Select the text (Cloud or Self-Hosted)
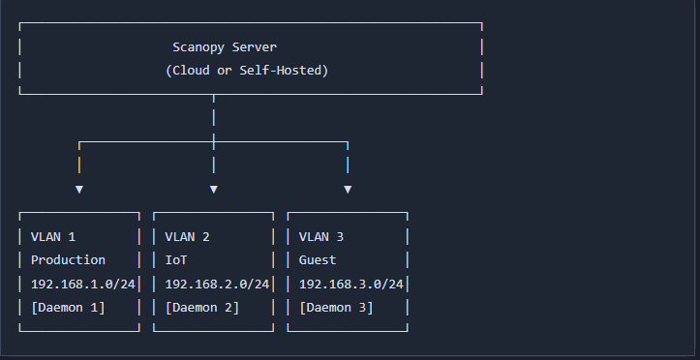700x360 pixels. pyautogui.click(x=247, y=71)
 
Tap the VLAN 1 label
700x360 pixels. pyautogui.click(x=53, y=236)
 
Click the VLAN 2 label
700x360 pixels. pyautogui.click(x=188, y=236)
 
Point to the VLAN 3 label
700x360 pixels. pyautogui.click(x=321, y=236)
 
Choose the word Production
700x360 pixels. pyautogui.click(x=68, y=260)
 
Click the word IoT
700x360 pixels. pyautogui.click(x=176, y=260)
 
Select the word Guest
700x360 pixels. pyautogui.click(x=318, y=260)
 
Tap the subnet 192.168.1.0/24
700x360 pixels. pyautogui.click(x=82, y=284)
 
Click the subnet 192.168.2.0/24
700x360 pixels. pyautogui.click(x=217, y=284)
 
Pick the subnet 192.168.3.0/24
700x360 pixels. pyautogui.click(x=350, y=284)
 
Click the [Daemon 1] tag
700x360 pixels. pyautogui.click(x=68, y=308)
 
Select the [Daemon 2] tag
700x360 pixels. pyautogui.click(x=202, y=308)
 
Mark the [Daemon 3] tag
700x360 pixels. pyautogui.click(x=336, y=308)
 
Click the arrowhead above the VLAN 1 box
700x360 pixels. pyautogui.click(x=79, y=189)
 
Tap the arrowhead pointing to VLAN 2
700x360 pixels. pyautogui.click(x=213, y=189)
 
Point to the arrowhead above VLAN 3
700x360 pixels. pyautogui.click(x=348, y=189)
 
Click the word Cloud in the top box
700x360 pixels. pyautogui.click(x=191, y=71)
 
